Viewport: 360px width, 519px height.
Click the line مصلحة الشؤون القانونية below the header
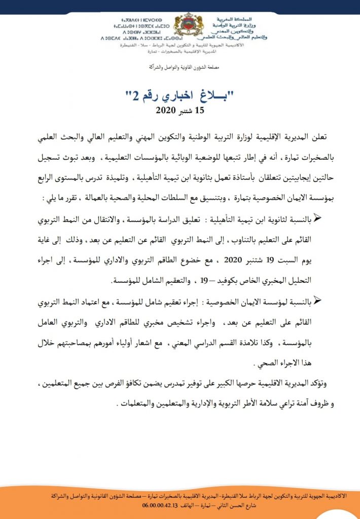tap(181, 67)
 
